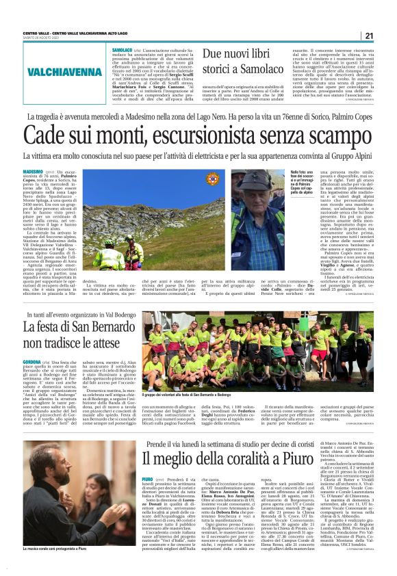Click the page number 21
click(x=368, y=36)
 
